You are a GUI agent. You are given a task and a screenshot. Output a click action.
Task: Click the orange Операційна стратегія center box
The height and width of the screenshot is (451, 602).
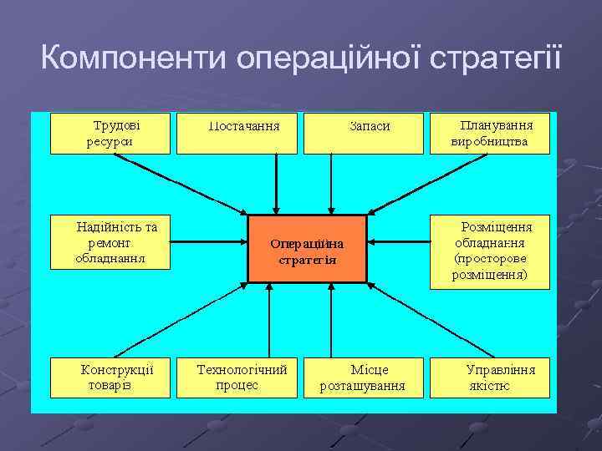[x=307, y=248]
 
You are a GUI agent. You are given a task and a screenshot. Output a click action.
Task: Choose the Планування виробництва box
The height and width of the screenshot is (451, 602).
[x=489, y=134]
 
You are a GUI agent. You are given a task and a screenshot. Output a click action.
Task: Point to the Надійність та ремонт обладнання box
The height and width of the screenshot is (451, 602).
[x=110, y=243]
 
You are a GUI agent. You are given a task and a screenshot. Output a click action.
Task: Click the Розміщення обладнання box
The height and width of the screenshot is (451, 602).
[x=490, y=250]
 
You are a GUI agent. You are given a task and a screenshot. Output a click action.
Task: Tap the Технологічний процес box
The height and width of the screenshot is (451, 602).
[x=237, y=377]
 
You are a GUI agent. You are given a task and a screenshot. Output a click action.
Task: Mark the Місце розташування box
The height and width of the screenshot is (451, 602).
[x=362, y=377]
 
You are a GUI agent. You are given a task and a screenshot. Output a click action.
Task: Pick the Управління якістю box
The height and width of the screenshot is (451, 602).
[x=490, y=377]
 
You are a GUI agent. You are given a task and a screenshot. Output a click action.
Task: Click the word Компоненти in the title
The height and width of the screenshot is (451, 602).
[x=134, y=59]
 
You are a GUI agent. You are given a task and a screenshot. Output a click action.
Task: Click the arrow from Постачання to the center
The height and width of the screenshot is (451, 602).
[x=276, y=184]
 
